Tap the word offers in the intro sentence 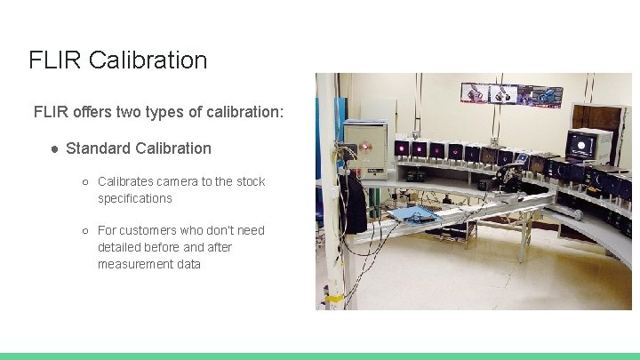point(93,113)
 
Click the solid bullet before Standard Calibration point(54,148)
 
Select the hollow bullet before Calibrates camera point(85,182)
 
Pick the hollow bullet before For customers point(85,231)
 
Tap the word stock point(250,181)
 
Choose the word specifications point(134,198)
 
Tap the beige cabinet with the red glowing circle point(366,146)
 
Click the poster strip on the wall point(511,94)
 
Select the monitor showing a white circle point(589,145)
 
